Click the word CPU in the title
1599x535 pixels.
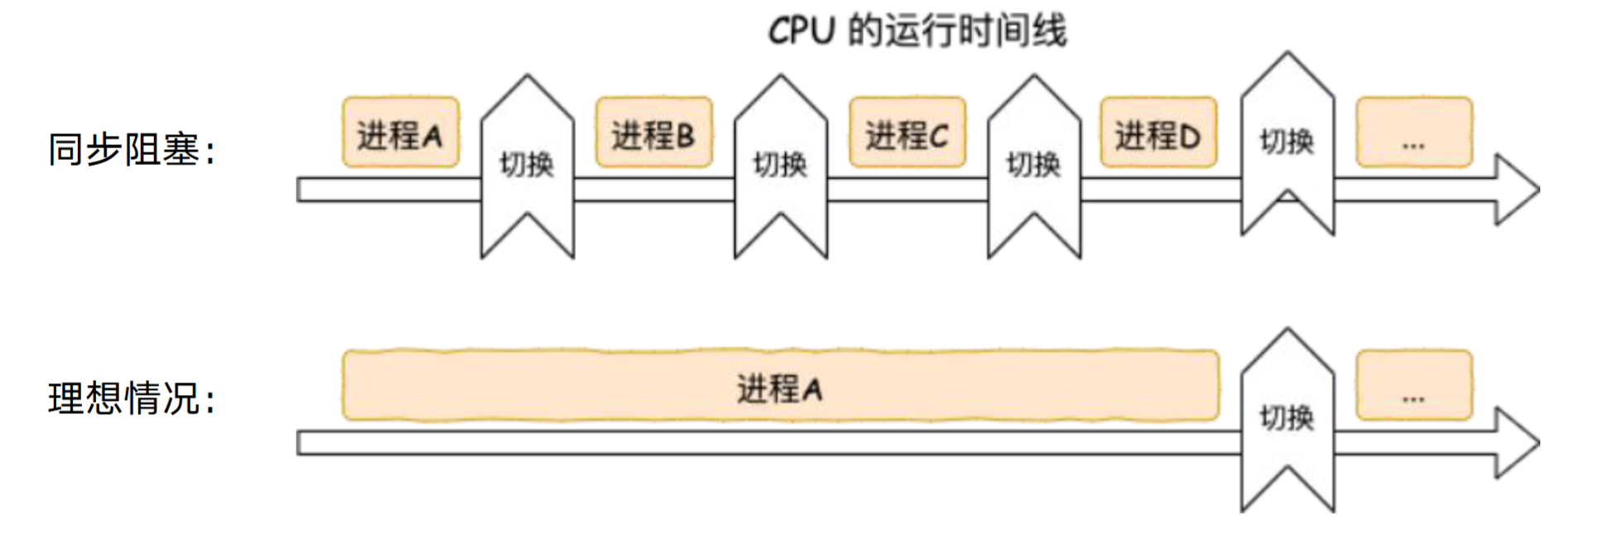click(801, 31)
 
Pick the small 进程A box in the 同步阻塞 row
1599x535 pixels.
click(400, 133)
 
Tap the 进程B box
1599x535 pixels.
click(653, 133)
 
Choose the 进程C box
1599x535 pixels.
click(907, 133)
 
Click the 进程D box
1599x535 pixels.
click(1158, 133)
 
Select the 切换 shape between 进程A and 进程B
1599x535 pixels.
click(527, 166)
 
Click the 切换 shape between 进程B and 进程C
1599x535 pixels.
click(781, 166)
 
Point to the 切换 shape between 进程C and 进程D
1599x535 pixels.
click(1034, 166)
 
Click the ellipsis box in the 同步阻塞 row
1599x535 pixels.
click(1414, 133)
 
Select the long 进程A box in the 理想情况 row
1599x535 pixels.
click(780, 386)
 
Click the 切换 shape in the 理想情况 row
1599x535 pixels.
click(1287, 419)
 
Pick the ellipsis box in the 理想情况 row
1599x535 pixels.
click(1414, 386)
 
